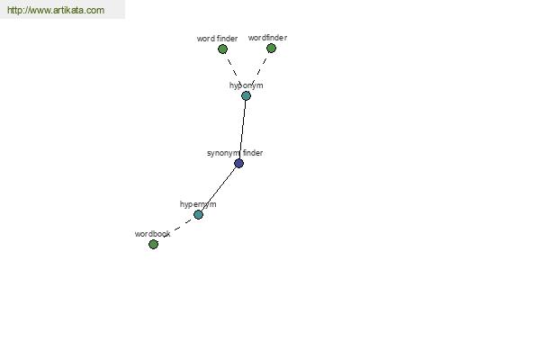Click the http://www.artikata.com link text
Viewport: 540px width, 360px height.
click(x=56, y=10)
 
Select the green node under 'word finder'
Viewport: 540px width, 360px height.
click(x=223, y=49)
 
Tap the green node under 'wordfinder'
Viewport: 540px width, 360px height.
click(x=272, y=49)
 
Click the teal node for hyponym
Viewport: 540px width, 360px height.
click(x=246, y=95)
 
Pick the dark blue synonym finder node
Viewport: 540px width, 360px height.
click(x=239, y=163)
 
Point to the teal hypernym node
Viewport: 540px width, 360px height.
click(x=198, y=214)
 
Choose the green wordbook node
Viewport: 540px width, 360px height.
click(x=153, y=244)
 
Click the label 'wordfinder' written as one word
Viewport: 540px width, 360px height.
click(x=267, y=38)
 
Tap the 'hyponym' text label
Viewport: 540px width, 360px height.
click(x=247, y=85)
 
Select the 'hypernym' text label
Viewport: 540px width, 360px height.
click(x=198, y=204)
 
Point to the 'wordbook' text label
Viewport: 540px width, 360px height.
click(x=153, y=234)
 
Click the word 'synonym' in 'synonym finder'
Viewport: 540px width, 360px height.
click(x=223, y=153)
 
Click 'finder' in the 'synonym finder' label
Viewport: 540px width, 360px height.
click(x=253, y=153)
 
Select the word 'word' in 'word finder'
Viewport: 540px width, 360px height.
click(x=205, y=39)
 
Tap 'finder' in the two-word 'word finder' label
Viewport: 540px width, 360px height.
click(x=228, y=38)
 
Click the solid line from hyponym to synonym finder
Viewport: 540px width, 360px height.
click(x=242, y=130)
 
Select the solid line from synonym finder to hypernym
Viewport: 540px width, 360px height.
click(x=219, y=189)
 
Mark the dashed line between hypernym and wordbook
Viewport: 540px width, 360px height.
click(x=175, y=229)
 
